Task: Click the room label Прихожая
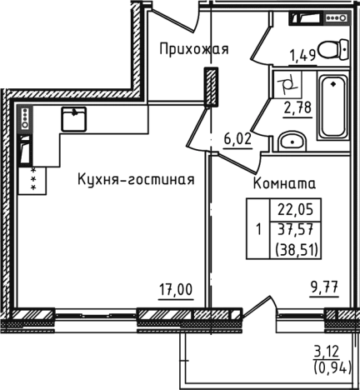coord(194,49)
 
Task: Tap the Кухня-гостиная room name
coord(137,179)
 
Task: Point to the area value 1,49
coord(302,56)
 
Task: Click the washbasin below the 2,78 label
coord(292,139)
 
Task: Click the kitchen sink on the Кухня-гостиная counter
coord(75,118)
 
